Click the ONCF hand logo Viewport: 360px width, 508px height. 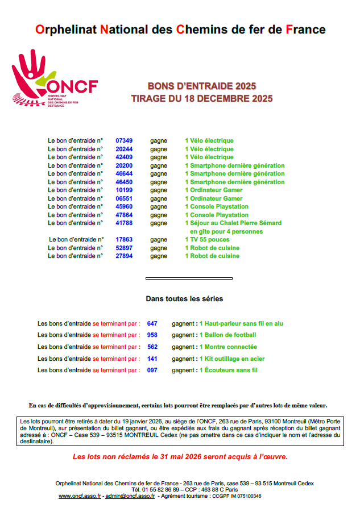point(54,79)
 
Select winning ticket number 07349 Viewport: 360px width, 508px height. point(124,140)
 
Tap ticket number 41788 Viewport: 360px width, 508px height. point(124,223)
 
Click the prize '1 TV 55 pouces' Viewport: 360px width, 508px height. point(207,240)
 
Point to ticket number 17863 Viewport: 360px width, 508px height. point(124,240)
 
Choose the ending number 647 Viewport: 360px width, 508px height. point(152,323)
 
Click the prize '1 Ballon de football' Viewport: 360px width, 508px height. point(227,335)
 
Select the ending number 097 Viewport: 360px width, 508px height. point(152,370)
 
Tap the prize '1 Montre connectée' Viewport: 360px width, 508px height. point(228,347)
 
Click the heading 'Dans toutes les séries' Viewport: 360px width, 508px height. point(184,298)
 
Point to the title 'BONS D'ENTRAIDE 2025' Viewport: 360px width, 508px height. point(202,86)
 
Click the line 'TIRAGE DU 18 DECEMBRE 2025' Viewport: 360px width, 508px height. point(202,98)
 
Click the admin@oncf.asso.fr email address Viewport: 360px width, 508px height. point(130,496)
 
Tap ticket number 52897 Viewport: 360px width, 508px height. point(124,248)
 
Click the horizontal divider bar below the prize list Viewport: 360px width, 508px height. point(189,278)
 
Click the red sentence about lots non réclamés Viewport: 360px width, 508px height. point(180,456)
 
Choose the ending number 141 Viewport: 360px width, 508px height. point(152,359)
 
